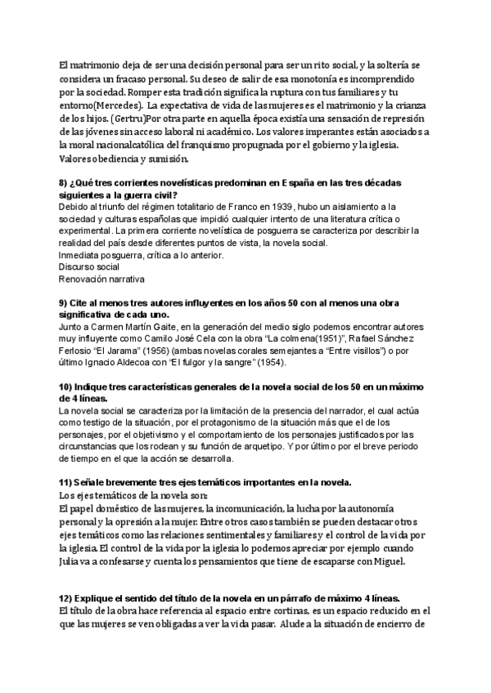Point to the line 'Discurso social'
tap(88, 266)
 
